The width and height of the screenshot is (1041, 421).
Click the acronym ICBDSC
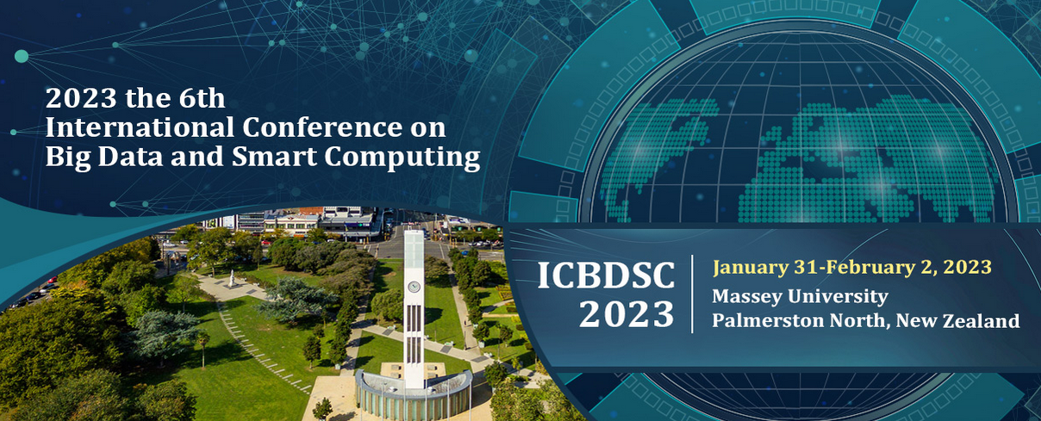[606, 276]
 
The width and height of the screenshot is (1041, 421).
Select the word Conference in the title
[322, 127]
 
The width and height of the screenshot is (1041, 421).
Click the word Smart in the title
[274, 157]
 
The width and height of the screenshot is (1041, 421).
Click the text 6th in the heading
[202, 98]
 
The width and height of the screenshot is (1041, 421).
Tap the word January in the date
[751, 268]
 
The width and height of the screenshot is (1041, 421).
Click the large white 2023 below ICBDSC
[626, 314]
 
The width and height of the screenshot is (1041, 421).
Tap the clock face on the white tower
[414, 287]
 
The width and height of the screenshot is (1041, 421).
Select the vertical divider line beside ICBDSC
[693, 294]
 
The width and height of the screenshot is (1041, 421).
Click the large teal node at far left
[22, 56]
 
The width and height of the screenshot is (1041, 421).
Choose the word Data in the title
[131, 157]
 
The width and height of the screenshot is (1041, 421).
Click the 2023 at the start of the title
[81, 98]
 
